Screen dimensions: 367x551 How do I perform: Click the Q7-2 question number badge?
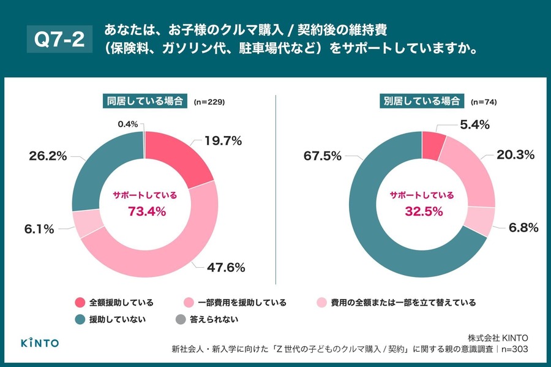(59, 39)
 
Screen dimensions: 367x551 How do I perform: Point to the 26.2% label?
(47, 156)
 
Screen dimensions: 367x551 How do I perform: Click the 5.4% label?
(474, 125)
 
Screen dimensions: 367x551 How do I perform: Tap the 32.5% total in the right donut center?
(422, 211)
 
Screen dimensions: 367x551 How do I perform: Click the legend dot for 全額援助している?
(80, 303)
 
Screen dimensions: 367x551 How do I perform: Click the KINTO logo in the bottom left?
(40, 342)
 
